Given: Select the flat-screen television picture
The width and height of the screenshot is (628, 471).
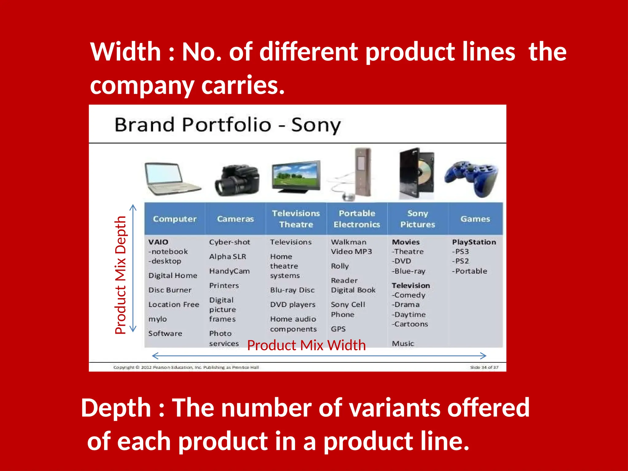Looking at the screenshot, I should pyautogui.click(x=296, y=176).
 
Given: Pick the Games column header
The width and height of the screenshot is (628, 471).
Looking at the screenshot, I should pyautogui.click(x=475, y=219).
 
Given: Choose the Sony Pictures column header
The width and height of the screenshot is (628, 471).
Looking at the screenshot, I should pyautogui.click(x=417, y=219).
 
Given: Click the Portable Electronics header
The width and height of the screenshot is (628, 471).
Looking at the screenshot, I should pyautogui.click(x=357, y=219).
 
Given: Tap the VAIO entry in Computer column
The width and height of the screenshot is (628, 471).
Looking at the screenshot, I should pyautogui.click(x=158, y=242).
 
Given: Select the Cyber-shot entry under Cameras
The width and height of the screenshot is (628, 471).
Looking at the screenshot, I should pyautogui.click(x=229, y=242).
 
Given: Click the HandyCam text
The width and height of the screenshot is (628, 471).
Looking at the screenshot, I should pyautogui.click(x=229, y=271).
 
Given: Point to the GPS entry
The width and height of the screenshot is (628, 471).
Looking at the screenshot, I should pyautogui.click(x=338, y=329).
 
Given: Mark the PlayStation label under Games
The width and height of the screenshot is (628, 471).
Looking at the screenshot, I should pyautogui.click(x=474, y=242).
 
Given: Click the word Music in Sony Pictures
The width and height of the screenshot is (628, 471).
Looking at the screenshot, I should pyautogui.click(x=403, y=344).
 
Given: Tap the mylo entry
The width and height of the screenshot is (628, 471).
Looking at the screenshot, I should pyautogui.click(x=157, y=319).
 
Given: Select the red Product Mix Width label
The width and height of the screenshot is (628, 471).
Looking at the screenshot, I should pyautogui.click(x=306, y=345).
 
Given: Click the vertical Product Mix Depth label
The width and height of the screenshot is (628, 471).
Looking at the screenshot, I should pyautogui.click(x=121, y=275).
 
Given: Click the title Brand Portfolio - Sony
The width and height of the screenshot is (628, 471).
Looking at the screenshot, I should pyautogui.click(x=228, y=125).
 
